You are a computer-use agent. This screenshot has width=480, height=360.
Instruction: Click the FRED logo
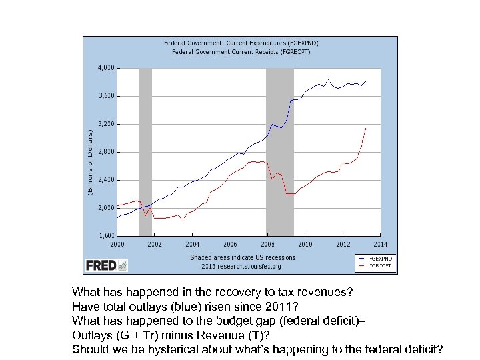(106, 265)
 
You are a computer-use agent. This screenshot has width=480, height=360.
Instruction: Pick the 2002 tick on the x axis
(154, 244)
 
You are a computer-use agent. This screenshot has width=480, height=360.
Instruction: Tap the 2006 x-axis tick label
(230, 244)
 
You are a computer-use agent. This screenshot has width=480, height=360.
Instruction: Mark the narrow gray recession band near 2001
(145, 152)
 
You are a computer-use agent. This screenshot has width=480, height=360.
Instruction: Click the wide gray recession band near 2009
(280, 152)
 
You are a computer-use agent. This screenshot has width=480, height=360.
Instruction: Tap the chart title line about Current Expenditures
(237, 43)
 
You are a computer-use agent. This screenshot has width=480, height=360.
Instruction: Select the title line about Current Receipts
(237, 51)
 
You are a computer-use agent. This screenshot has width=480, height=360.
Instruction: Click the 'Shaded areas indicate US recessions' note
(242, 257)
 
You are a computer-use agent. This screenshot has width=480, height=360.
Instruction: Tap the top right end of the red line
(365, 128)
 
